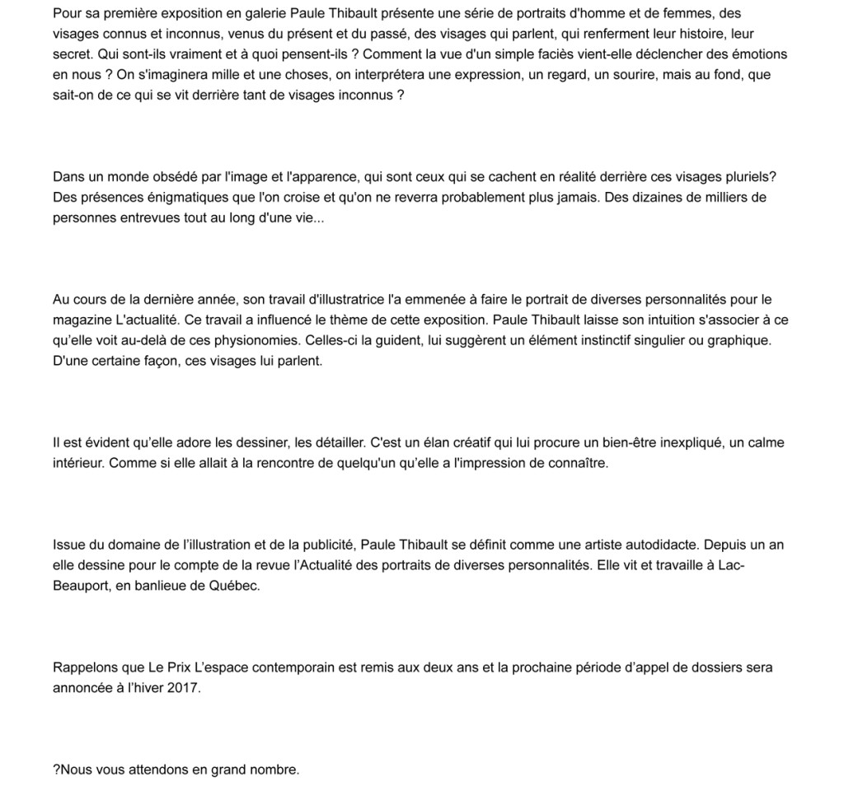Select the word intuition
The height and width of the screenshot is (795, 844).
click(650, 320)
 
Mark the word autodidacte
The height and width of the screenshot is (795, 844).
click(646, 545)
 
